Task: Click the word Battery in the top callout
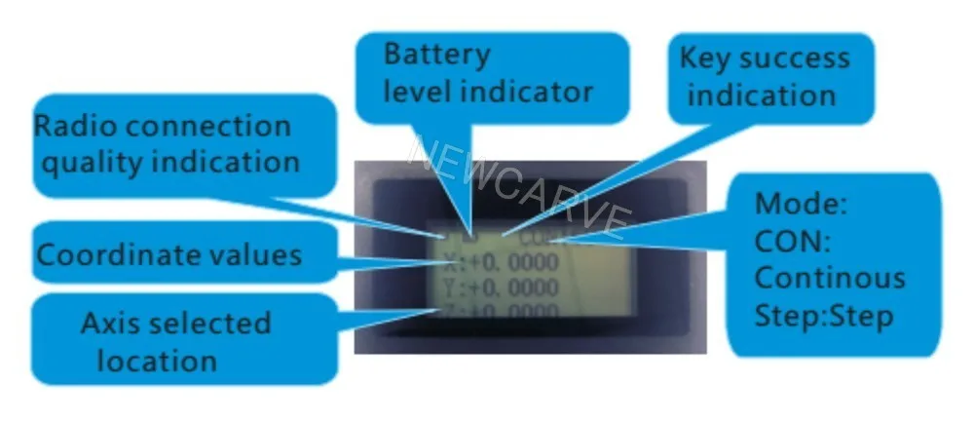pyautogui.click(x=437, y=54)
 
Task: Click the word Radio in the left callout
pyautogui.click(x=75, y=127)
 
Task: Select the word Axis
pyautogui.click(x=113, y=323)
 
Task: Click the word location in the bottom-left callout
pyautogui.click(x=156, y=361)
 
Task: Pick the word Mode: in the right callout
pyautogui.click(x=802, y=206)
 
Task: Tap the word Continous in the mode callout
pyautogui.click(x=830, y=278)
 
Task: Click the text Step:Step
pyautogui.click(x=824, y=316)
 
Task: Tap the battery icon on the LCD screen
pyautogui.click(x=471, y=234)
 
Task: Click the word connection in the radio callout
pyautogui.click(x=207, y=127)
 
